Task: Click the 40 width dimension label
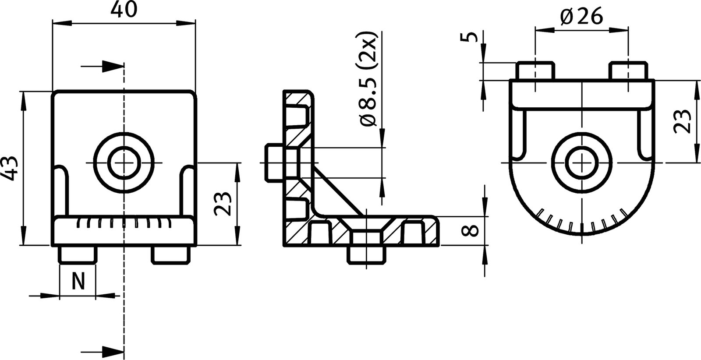point(123,10)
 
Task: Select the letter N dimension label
point(78,281)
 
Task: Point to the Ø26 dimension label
point(581,17)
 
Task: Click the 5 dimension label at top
point(470,36)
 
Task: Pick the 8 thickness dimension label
point(471,230)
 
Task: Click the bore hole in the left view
point(124,163)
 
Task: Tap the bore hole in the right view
point(582,162)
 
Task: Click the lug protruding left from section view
point(274,162)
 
